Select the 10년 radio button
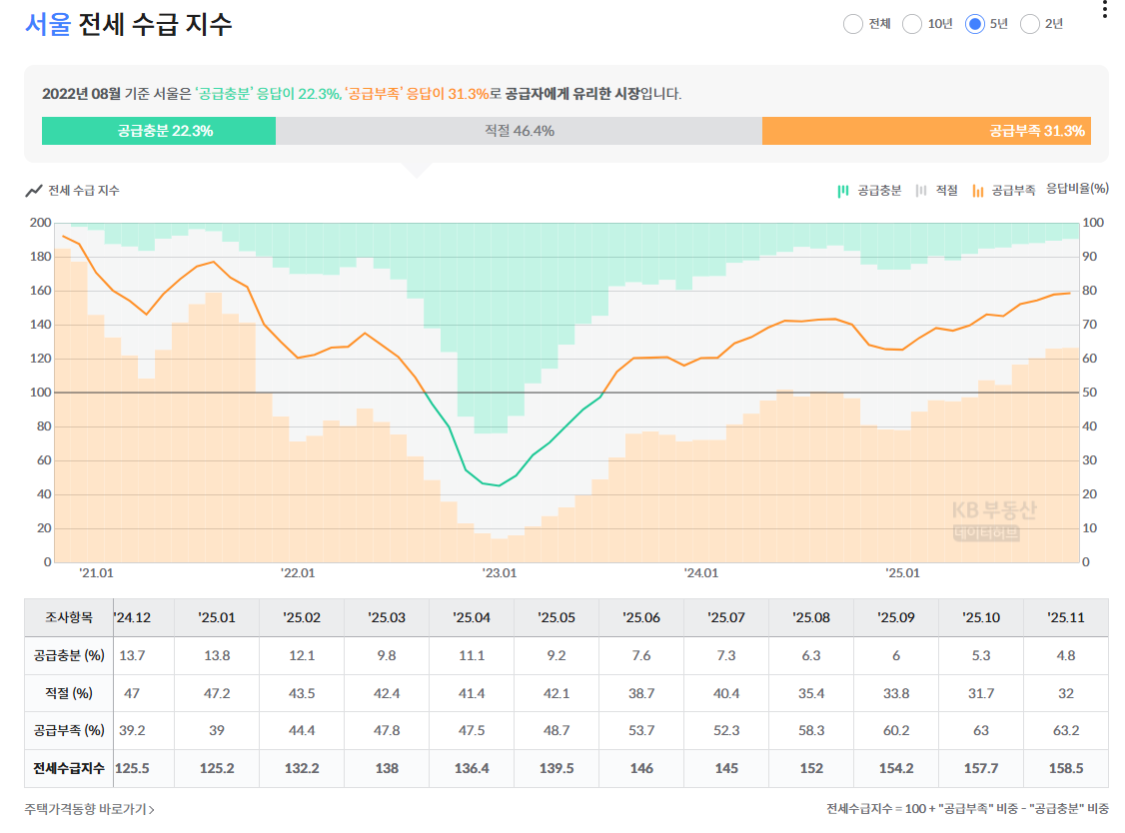912,24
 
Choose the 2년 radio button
1029,24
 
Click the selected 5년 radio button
974,24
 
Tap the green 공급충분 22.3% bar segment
159,131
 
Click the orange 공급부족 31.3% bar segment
926,131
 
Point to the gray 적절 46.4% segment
519,131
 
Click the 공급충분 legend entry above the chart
869,190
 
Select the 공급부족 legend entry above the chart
1004,190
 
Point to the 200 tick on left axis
40,223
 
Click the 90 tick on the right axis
1089,256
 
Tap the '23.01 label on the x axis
500,573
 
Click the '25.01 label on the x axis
902,573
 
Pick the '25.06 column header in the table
641,617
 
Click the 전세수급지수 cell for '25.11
1065,768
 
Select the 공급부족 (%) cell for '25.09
896,730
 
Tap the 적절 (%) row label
69,693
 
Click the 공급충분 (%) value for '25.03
387,656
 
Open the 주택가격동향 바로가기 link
90,809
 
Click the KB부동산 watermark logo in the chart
993,519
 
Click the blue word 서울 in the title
48,24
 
